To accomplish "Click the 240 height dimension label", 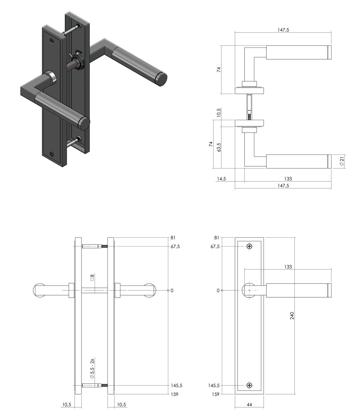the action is tap(292, 316).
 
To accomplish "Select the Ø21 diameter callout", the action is tap(342, 161).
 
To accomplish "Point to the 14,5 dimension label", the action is tap(221, 179).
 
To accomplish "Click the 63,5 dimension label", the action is tap(219, 147).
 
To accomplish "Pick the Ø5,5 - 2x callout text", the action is tap(92, 369).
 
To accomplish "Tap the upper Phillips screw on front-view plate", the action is tap(249, 247).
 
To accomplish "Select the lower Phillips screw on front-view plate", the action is tap(249, 385).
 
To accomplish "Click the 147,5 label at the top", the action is tap(283, 30).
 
